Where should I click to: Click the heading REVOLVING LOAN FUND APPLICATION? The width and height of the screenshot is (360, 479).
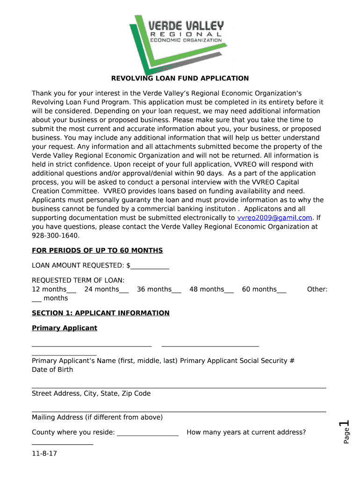(180, 79)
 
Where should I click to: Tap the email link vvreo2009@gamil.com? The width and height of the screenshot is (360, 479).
(274, 218)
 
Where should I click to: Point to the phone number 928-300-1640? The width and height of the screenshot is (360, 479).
(56, 236)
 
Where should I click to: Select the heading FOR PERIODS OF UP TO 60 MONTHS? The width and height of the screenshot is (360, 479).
(97, 251)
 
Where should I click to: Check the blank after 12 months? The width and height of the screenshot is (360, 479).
(72, 290)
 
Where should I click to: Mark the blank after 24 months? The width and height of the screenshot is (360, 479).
(124, 290)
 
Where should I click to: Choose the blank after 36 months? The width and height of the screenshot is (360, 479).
(177, 290)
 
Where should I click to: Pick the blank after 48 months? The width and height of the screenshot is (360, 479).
(229, 290)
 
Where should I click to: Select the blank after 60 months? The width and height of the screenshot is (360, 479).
(281, 290)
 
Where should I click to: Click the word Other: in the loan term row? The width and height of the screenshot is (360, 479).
(317, 290)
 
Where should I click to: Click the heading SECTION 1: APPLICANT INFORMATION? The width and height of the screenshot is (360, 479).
(101, 313)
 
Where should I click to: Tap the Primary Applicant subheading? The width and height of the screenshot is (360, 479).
(65, 328)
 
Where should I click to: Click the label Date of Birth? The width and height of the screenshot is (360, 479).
(52, 370)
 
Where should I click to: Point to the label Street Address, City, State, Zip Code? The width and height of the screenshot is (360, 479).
(91, 393)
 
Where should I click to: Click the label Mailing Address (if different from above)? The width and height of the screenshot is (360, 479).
(97, 417)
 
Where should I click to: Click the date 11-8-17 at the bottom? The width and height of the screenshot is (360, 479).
(44, 454)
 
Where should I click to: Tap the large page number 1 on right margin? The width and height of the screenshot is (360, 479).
(346, 426)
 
